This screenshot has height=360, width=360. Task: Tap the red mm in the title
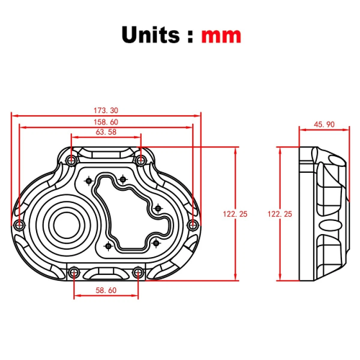(x=221, y=35)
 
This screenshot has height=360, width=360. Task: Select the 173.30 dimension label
(x=106, y=110)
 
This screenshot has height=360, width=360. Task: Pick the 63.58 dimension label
(x=106, y=132)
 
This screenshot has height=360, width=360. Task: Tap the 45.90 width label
(x=325, y=125)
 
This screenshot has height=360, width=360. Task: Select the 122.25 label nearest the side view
(x=279, y=214)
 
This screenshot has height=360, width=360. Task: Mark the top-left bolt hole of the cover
(x=70, y=158)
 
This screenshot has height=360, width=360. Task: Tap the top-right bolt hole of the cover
(x=142, y=158)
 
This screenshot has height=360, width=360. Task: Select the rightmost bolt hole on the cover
(x=192, y=225)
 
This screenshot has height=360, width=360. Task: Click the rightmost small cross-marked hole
(x=159, y=207)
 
